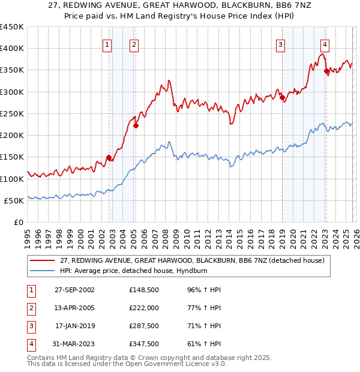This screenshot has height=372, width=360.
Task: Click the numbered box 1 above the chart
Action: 107,44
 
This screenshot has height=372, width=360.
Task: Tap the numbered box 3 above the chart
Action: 280,44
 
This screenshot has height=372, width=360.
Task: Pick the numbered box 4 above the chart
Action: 325,44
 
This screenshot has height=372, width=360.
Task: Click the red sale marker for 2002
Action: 109,158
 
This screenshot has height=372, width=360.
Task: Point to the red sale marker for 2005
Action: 136,125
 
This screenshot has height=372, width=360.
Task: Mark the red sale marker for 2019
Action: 281,97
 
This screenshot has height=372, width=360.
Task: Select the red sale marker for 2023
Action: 326,71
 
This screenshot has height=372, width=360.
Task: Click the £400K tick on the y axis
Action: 12,49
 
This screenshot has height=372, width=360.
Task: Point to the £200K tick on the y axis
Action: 12,136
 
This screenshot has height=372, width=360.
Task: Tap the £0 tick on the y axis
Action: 18,223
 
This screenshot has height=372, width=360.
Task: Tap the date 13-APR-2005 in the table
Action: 74,308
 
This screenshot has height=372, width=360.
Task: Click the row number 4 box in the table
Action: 31,344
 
